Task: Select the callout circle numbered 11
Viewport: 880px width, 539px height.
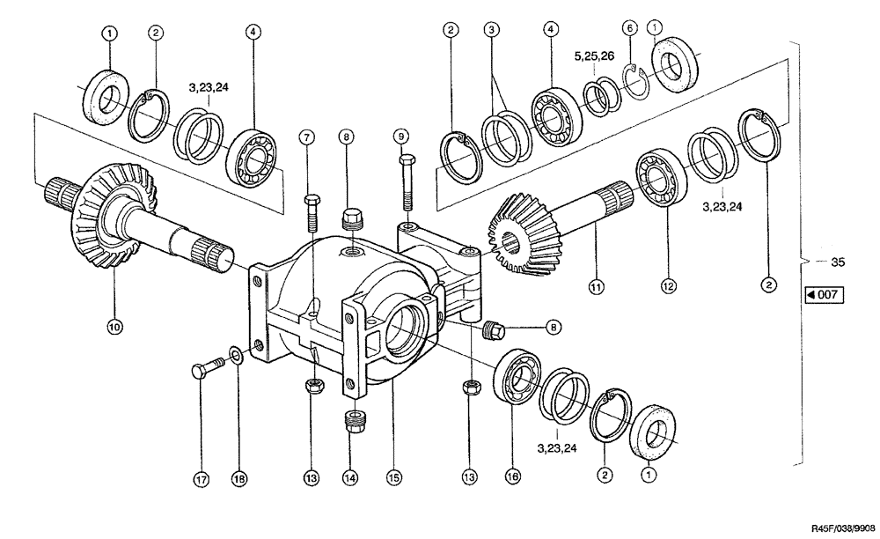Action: [596, 287]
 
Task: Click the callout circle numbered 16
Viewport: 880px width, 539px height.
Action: [513, 476]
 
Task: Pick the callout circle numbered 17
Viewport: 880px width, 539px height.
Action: [200, 480]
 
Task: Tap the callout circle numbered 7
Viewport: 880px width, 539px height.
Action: [306, 137]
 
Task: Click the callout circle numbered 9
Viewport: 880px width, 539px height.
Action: [402, 137]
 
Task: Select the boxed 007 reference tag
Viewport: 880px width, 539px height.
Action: [822, 295]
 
